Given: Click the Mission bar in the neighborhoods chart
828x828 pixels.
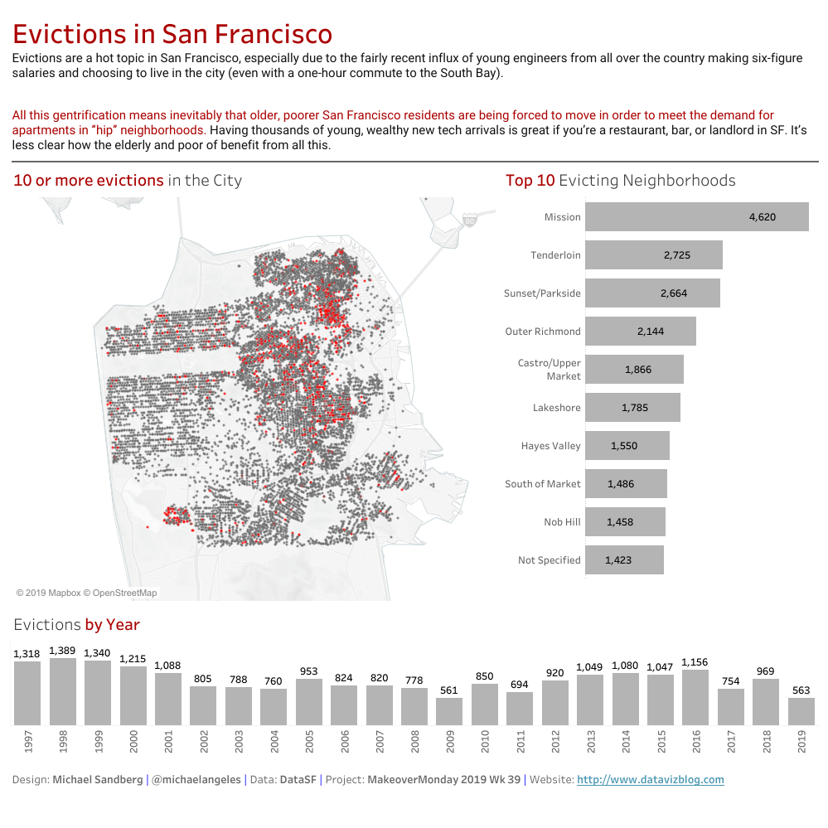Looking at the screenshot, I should (x=696, y=217).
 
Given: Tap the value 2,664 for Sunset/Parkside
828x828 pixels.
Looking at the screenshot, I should (x=674, y=293).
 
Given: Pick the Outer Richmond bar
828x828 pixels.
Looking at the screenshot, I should (x=640, y=332).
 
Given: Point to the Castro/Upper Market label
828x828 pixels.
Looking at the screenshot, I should (x=550, y=370).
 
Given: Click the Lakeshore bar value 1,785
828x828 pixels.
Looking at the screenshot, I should (x=635, y=408).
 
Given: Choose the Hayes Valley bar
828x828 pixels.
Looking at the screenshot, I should (x=627, y=446).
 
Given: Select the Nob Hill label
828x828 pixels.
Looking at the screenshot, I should (x=563, y=522).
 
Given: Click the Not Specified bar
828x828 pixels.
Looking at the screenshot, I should (x=624, y=560).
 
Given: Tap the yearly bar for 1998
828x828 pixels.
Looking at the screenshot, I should (x=63, y=692).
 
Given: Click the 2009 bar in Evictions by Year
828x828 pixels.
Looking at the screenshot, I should (x=449, y=711).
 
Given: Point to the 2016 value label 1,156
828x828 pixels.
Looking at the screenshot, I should (x=695, y=662).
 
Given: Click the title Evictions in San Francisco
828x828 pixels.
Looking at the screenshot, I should (x=172, y=34).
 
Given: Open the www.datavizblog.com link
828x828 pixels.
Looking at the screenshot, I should (x=650, y=780).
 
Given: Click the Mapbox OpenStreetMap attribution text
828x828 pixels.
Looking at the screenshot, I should (x=86, y=593).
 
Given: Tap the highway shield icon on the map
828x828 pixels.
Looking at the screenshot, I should (x=470, y=221).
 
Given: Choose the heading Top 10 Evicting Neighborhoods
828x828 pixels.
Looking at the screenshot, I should (x=620, y=181).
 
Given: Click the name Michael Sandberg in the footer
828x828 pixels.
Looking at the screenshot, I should (x=97, y=780).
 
